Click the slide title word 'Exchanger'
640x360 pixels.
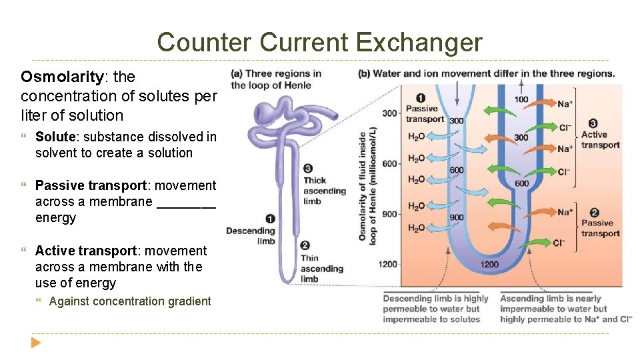(419, 42)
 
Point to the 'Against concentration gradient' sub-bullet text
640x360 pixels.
(130, 301)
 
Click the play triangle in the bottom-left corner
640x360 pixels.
(35, 343)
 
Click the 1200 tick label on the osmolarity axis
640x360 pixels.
(388, 264)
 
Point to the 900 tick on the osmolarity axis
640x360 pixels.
(390, 213)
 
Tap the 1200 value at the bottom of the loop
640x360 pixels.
(489, 265)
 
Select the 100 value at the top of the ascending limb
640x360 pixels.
(521, 99)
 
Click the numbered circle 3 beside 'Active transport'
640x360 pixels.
(593, 123)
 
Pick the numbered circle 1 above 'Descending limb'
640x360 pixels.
(269, 218)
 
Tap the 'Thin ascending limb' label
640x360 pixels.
(321, 268)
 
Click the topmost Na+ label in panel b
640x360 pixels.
(565, 103)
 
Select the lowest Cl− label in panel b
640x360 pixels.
(559, 243)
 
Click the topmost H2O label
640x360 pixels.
(416, 137)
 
